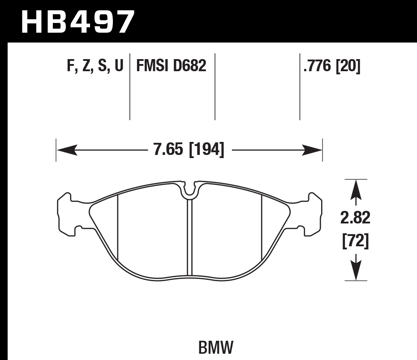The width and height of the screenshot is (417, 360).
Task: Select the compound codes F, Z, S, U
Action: (x=95, y=66)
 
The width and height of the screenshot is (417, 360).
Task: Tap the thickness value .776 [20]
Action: (x=332, y=66)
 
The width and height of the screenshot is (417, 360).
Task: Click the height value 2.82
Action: (x=356, y=219)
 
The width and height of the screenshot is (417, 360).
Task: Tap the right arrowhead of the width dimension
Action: (x=312, y=150)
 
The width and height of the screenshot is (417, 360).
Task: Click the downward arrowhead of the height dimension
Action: (x=356, y=272)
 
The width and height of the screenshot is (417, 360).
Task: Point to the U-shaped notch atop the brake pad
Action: (x=190, y=189)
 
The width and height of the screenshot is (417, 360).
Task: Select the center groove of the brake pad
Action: (x=189, y=237)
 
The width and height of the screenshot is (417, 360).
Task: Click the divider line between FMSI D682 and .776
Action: (x=215, y=86)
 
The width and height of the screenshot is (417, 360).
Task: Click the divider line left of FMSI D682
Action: (x=129, y=86)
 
